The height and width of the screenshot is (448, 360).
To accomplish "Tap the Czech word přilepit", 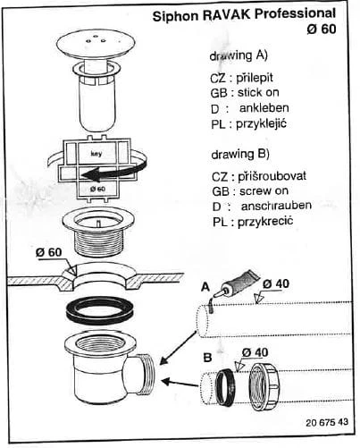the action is (x=255, y=78).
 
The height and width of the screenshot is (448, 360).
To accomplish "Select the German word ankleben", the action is (x=264, y=108).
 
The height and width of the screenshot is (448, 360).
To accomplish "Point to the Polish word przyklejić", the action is (x=261, y=123).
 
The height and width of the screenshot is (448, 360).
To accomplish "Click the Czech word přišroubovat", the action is (x=272, y=176).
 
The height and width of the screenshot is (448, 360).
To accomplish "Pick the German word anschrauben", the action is (x=276, y=206).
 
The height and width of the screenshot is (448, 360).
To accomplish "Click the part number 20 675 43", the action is (x=327, y=422).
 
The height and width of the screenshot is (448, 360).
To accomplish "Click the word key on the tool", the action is (x=96, y=154).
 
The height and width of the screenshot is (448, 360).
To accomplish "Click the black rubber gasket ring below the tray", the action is (x=99, y=311).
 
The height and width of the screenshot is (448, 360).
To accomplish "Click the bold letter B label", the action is (x=207, y=357).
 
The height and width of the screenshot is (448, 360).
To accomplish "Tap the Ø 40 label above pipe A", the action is (x=275, y=283).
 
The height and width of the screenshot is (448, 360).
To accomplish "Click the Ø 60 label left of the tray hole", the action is (x=49, y=253).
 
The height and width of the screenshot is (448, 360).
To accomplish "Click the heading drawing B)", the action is (x=240, y=155).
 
